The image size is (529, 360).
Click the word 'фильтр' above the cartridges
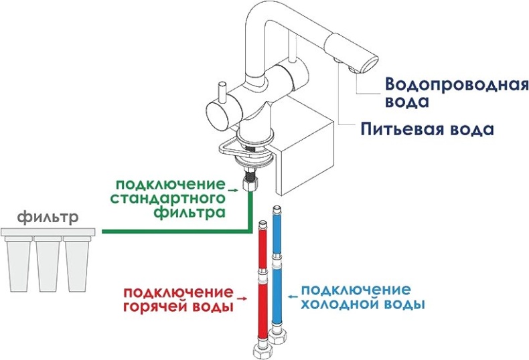[x=48, y=217]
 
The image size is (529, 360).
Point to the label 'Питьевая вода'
[x=427, y=129]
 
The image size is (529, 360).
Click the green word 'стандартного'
[x=165, y=199]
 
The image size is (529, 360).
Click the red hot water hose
[x=260, y=281]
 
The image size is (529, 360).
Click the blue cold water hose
[x=277, y=268]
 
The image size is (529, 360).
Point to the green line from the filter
[x=174, y=232]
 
